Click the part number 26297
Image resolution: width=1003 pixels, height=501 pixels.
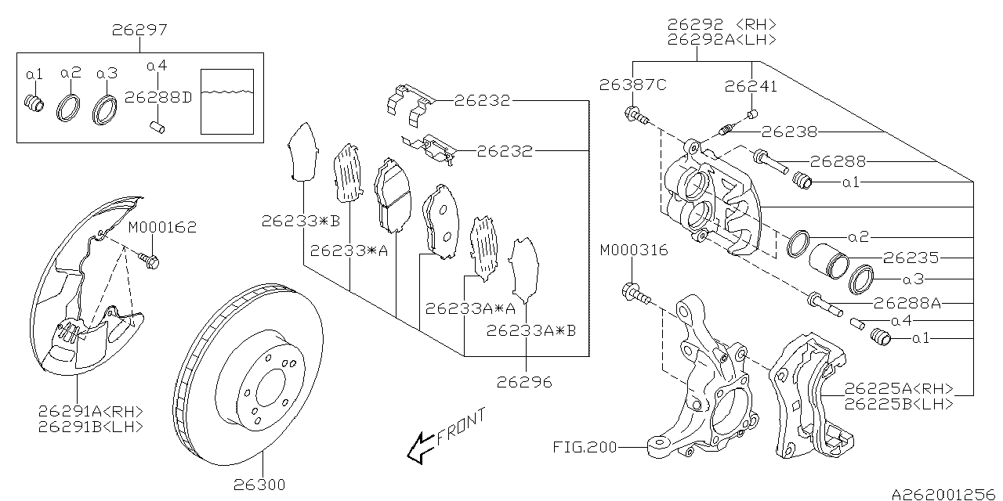139,31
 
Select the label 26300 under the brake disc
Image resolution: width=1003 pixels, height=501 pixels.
259,485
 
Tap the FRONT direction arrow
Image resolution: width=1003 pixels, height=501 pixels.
421,448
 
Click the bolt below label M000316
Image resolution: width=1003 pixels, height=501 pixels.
635,296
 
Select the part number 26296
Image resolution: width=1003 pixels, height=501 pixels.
524,383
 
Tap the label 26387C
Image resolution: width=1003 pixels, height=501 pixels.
633,85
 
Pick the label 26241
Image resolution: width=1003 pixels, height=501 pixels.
751,86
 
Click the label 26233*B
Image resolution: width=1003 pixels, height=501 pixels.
301,222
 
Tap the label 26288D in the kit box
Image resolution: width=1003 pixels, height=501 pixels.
159,98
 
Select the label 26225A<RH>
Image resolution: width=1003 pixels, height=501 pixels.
899,389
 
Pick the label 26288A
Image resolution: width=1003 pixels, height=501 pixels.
907,301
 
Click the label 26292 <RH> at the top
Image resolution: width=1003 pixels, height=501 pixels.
721,23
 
